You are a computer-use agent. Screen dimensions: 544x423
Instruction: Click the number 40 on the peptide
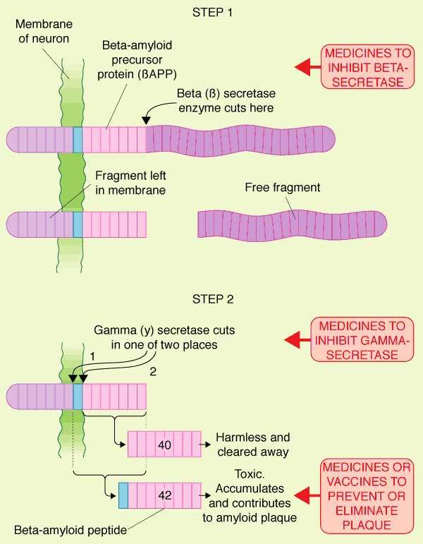[166, 445]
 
